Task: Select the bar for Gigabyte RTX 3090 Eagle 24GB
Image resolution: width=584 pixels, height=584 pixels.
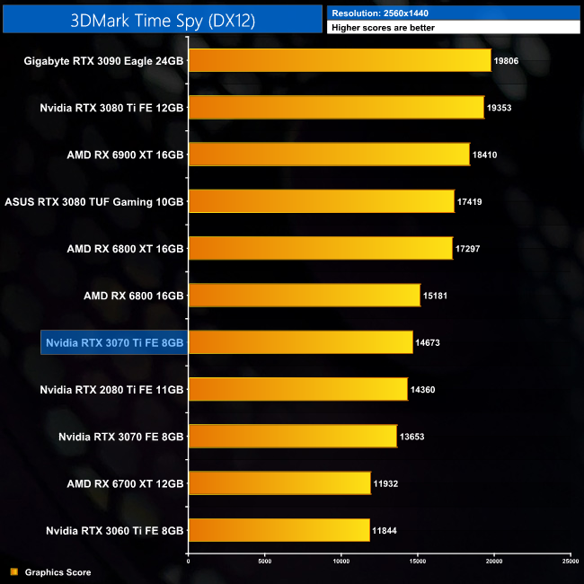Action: (340, 61)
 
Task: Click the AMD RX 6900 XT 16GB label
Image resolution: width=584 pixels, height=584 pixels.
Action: (125, 155)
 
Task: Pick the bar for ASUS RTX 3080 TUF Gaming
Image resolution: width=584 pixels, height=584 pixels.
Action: (321, 201)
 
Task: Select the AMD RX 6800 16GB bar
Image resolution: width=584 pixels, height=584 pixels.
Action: (304, 296)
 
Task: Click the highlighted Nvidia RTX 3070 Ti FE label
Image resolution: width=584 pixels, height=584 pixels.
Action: (113, 342)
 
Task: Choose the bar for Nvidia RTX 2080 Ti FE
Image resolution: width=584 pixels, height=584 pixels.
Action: (297, 389)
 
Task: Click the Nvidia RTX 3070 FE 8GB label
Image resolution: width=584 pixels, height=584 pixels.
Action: (120, 437)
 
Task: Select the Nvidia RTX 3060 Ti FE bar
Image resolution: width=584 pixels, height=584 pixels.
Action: (279, 530)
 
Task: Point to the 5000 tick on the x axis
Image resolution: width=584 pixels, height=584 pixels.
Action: (264, 562)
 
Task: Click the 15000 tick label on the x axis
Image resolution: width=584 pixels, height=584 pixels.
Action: (417, 562)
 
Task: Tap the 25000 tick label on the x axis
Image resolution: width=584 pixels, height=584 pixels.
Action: (570, 562)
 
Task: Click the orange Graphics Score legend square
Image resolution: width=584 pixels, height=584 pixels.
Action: (13, 571)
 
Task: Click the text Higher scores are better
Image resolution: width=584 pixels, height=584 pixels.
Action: (382, 28)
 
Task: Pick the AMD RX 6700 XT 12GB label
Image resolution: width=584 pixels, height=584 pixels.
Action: (125, 483)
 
